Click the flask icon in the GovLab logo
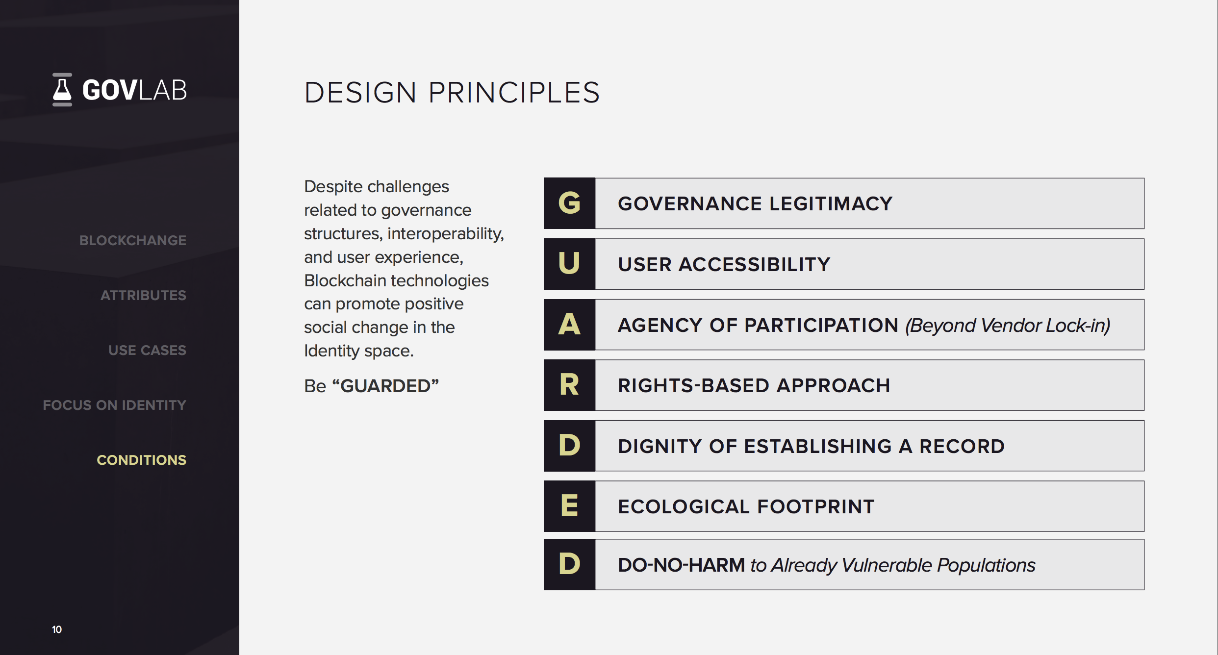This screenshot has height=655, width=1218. (62, 90)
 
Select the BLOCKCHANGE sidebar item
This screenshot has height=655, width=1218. (132, 240)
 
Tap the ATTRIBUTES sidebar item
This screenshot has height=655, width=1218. (143, 295)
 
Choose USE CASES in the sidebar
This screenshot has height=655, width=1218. (147, 350)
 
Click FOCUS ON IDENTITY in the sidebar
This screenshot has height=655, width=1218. (114, 405)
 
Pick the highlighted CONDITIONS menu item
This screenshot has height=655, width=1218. (141, 460)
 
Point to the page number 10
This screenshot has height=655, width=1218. (57, 630)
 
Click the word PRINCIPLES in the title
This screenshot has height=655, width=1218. (514, 92)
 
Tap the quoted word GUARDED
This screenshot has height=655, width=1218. (385, 386)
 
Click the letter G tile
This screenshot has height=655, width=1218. (569, 203)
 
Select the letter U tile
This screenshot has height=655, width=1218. (569, 264)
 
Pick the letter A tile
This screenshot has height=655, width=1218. (569, 325)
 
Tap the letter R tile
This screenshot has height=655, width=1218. (569, 385)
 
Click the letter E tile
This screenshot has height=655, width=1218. (569, 506)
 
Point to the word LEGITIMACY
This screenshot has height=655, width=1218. (831, 203)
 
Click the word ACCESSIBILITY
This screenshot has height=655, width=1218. (754, 264)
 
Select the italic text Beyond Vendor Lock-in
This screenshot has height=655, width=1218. (1008, 325)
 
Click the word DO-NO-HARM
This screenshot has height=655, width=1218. (681, 565)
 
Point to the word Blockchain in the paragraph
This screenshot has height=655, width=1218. (345, 280)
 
